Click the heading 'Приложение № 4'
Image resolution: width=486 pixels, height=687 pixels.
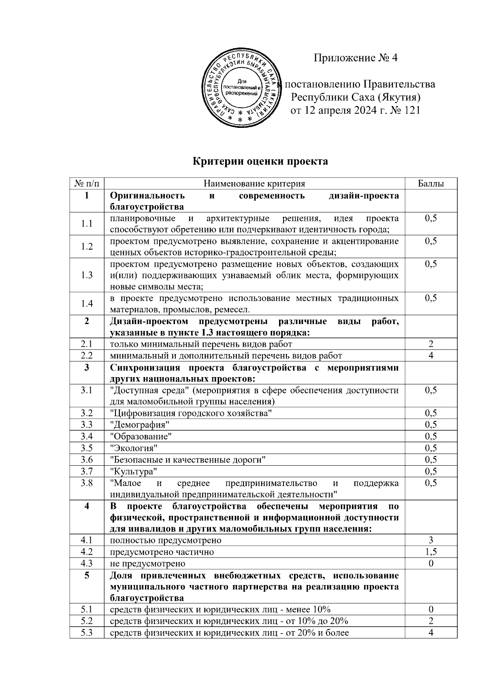pyautogui.click(x=356, y=58)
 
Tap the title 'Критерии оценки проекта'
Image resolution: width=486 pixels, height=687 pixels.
pyautogui.click(x=260, y=161)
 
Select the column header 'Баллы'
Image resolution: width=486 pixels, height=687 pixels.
pyautogui.click(x=431, y=184)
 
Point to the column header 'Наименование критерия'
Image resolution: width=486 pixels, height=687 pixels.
pyautogui.click(x=254, y=184)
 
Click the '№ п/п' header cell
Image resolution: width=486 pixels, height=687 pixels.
pyautogui.click(x=87, y=184)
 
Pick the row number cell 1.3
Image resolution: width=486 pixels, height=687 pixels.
pyautogui.click(x=87, y=275)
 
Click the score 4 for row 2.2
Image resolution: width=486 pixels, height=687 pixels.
pyautogui.click(x=431, y=356)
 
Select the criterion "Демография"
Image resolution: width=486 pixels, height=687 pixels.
pyautogui.click(x=140, y=425)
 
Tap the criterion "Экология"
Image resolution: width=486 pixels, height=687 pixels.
pyautogui.click(x=134, y=448)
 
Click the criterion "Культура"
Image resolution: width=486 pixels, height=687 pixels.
pyautogui.click(x=134, y=471)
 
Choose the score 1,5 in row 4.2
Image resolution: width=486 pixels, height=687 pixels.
pyautogui.click(x=431, y=552)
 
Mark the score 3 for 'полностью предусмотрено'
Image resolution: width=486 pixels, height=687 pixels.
pyautogui.click(x=431, y=540)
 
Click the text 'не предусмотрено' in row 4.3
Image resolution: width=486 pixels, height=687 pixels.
pyautogui.click(x=148, y=564)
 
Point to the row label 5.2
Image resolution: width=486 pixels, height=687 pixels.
pyautogui.click(x=87, y=621)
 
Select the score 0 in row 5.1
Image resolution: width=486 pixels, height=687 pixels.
pyautogui.click(x=431, y=609)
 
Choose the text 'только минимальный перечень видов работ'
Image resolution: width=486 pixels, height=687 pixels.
pyautogui.click(x=201, y=344)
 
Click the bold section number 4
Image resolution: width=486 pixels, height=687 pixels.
pyautogui.click(x=87, y=506)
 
